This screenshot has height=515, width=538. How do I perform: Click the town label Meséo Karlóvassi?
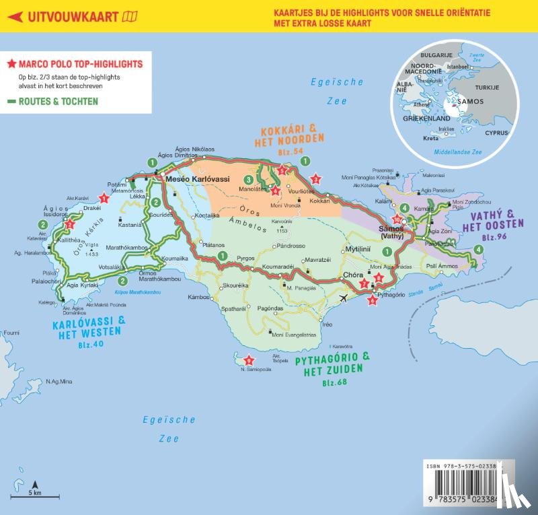(197, 178)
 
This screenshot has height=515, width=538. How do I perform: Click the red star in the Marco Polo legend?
(11, 65)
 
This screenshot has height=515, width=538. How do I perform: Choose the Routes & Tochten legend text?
(59, 102)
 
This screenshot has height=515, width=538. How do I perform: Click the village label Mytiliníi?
(358, 248)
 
